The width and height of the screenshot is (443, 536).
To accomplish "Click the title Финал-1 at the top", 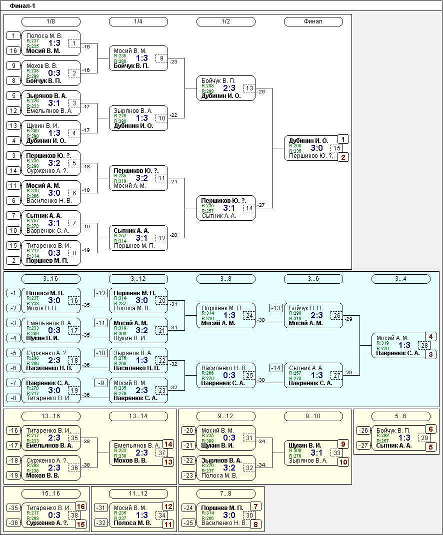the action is pos(22,6).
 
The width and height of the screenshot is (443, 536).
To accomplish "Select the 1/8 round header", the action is pos(51,21).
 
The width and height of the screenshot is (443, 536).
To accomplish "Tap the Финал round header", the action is pos(313,21).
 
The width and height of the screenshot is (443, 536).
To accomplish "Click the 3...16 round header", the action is pos(51,279).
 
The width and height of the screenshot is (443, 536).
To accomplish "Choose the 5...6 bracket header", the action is pos(401,416).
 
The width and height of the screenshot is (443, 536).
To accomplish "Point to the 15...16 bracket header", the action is pos(51,494).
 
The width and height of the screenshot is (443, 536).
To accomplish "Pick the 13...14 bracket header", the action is pos(138,416).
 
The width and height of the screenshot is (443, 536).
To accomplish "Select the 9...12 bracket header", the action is pos(226,416).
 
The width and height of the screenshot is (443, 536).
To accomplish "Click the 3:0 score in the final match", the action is pos(317,148).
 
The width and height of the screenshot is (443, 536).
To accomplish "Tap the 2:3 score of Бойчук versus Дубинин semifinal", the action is pos(229,88).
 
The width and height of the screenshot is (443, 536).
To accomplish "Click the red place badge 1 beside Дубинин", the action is pos(343,139).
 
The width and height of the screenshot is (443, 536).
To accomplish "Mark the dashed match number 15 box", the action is pos(337,148).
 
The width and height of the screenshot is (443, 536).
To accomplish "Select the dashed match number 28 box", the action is pos(424,345).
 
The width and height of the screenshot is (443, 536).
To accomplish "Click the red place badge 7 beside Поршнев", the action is pos(255,507).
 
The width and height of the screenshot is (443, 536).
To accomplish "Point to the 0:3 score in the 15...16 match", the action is pos(54,515).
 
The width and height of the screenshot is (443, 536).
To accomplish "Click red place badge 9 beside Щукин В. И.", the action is pos(343,444).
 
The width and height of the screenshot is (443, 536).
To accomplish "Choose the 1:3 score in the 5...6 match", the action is pos(404,438).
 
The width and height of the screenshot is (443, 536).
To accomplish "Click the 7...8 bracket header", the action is pos(226,494).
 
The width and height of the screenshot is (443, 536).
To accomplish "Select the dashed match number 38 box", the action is pos(74,515).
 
